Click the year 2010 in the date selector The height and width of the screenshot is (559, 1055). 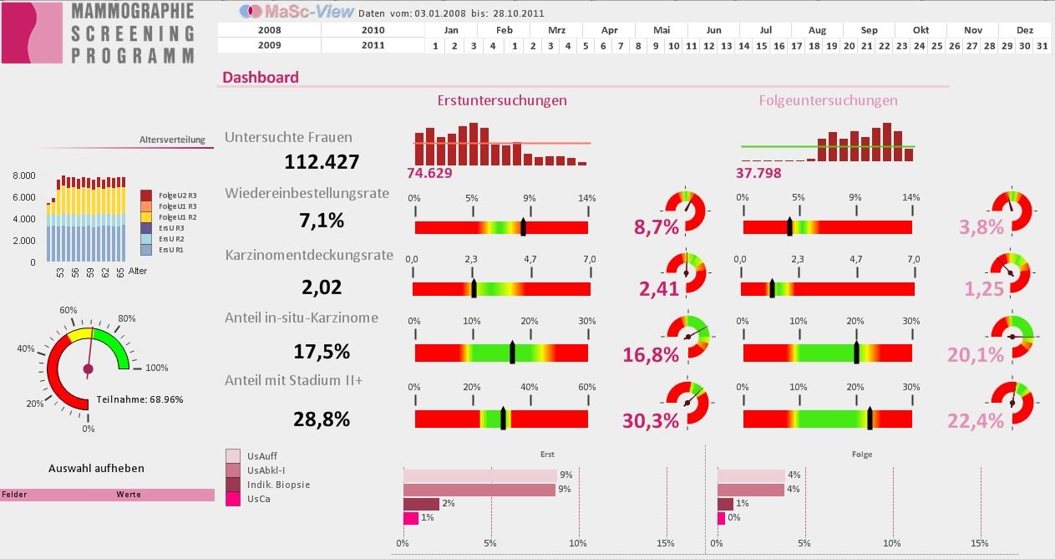click(373, 30)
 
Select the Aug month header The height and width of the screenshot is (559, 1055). click(817, 30)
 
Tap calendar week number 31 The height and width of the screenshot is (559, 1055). click(1041, 45)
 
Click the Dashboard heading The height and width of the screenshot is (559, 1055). click(260, 78)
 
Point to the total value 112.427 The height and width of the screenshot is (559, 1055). click(322, 161)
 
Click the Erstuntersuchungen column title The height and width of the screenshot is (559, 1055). click(502, 100)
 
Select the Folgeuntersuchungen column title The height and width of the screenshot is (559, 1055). click(828, 100)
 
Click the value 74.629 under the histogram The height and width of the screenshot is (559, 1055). click(429, 173)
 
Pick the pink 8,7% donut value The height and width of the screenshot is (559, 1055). click(657, 226)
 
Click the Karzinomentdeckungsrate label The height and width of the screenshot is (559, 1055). click(309, 255)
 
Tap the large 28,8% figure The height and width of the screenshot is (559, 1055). click(322, 419)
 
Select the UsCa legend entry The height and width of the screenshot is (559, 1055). click(258, 499)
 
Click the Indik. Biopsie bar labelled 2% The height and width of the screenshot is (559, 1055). click(421, 504)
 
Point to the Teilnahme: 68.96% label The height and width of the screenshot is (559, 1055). click(140, 399)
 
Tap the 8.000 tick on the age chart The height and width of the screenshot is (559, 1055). click(24, 175)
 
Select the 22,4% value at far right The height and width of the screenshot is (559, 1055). click(975, 422)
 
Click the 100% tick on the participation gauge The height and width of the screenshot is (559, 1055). click(156, 368)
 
